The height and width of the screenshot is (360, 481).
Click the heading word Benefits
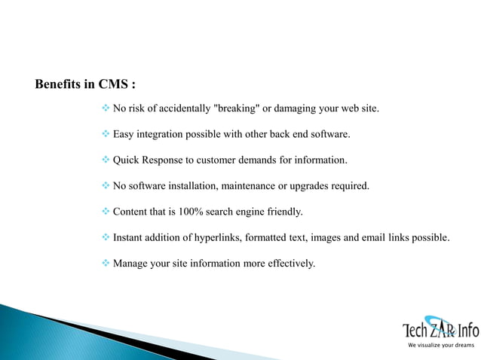pos(59,84)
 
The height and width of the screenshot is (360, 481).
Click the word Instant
pos(128,238)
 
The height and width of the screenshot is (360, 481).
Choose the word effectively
pos(290,264)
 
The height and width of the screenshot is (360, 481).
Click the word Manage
pos(130,264)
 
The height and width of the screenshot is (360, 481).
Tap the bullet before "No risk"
pos(106,109)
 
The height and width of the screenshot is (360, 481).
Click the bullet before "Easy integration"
pos(106,135)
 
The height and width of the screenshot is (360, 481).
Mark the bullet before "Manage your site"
pos(106,264)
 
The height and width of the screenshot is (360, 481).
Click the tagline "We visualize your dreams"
pos(441,345)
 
